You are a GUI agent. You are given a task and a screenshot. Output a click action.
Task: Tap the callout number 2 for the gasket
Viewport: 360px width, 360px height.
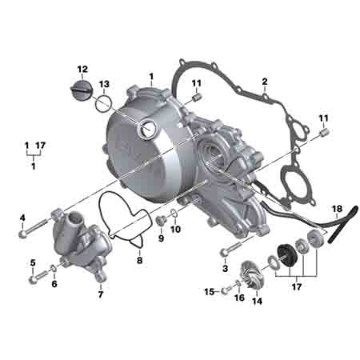tap(264, 82)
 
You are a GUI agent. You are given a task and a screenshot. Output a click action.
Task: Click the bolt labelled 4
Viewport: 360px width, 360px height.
tap(34, 228)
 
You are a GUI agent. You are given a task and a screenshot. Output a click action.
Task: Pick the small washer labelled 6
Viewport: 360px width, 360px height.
tap(53, 268)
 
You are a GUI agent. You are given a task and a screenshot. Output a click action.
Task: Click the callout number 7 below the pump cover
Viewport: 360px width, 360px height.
tap(101, 294)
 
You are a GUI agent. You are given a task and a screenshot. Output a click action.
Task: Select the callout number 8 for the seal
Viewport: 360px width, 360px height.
tap(139, 260)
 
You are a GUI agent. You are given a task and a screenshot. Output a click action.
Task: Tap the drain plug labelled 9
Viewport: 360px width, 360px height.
tap(162, 221)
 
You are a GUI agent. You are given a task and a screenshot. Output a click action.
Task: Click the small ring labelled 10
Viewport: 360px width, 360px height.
tap(174, 213)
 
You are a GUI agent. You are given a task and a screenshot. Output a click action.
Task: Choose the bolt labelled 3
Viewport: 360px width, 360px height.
tap(231, 247)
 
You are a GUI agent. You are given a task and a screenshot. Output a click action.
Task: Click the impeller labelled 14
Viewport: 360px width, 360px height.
tap(250, 274)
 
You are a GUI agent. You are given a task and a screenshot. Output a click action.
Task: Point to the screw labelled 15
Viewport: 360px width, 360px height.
tap(225, 291)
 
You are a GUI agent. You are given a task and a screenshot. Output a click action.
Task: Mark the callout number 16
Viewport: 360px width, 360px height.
tap(239, 298)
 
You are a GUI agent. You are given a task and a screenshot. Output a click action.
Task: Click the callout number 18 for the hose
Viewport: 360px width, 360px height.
tap(337, 209)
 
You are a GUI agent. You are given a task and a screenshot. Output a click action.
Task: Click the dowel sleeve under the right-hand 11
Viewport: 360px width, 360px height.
tap(325, 132)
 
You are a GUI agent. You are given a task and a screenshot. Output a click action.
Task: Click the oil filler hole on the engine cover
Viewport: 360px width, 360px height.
tap(146, 129)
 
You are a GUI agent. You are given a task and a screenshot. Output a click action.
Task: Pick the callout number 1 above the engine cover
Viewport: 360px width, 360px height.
tap(151, 77)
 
